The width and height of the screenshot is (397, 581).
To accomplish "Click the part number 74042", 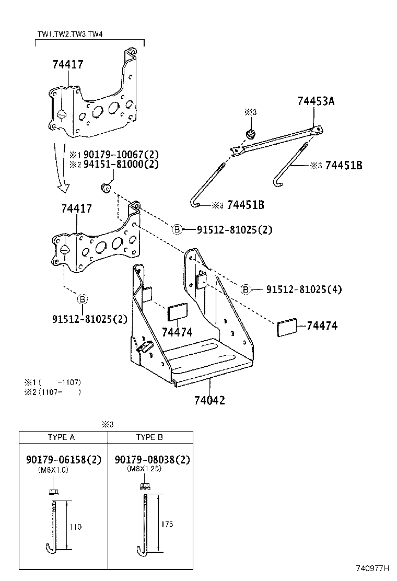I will point(209,400).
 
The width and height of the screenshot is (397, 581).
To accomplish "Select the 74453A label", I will point(316,101).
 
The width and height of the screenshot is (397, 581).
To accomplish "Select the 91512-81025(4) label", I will point(303,289).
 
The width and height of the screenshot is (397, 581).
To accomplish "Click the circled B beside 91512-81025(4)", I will point(246,289).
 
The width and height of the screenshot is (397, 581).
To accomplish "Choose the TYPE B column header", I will point(149,437).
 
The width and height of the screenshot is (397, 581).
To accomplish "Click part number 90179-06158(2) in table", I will point(63,460).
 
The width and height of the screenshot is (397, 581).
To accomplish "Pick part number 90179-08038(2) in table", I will point(152,460).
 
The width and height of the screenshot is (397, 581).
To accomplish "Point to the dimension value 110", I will point(75,527).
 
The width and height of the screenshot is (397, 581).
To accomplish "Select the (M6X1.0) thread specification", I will point(53,470).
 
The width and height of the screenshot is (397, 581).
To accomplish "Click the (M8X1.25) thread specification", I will point(145,469).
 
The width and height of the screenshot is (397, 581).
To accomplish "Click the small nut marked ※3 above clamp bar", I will point(251,134).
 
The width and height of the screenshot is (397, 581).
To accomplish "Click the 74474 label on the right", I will point(322,326).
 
